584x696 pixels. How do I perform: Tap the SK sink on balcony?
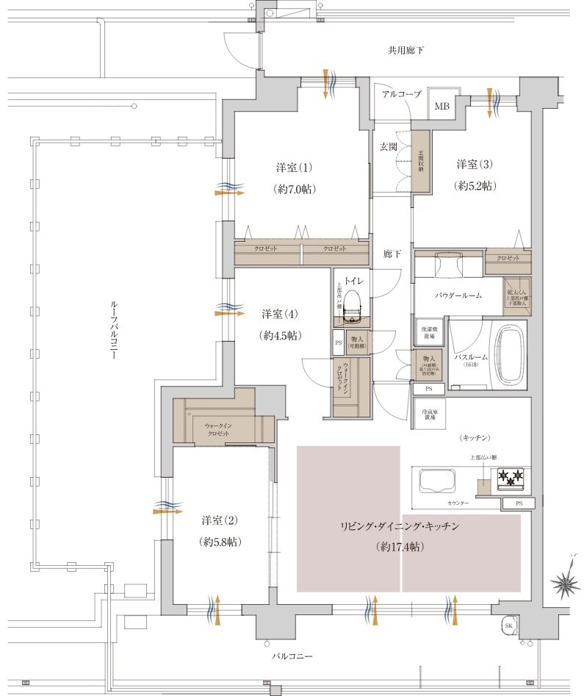(x=508, y=625)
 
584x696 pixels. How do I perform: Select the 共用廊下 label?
(x=406, y=51)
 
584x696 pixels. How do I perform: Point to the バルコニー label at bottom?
(x=292, y=656)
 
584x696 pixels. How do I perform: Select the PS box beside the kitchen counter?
(x=519, y=503)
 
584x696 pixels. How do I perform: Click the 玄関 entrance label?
(x=388, y=147)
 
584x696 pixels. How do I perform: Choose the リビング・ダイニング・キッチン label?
(x=400, y=526)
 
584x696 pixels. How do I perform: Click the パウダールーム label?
(x=458, y=295)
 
